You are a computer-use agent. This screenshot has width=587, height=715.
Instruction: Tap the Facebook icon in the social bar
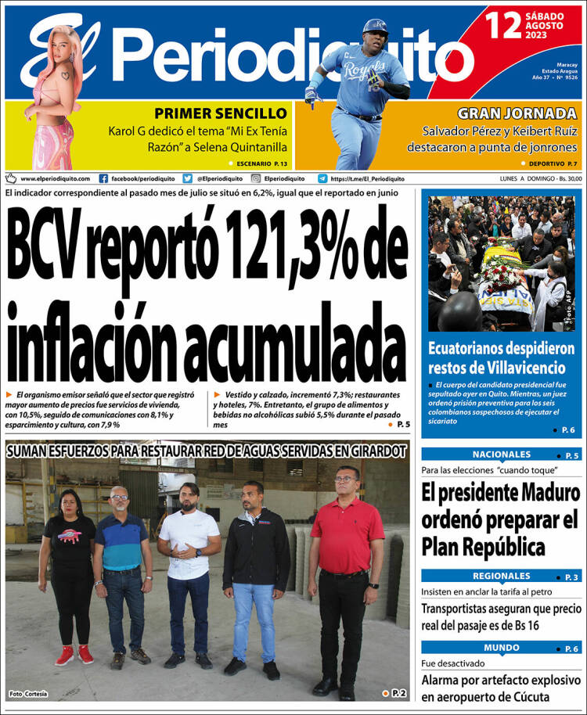[103, 178]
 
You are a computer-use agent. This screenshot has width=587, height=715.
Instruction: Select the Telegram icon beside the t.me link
[322, 178]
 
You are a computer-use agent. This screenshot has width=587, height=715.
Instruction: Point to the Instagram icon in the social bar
[255, 178]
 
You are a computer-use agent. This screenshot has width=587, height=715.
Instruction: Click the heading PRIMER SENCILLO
[221, 113]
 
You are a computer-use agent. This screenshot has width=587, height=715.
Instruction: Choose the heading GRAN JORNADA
[530, 113]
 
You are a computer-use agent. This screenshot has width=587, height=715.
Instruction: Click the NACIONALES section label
[501, 455]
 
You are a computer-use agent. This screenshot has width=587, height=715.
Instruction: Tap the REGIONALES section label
[501, 576]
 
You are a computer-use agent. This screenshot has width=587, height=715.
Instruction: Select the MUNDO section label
[501, 648]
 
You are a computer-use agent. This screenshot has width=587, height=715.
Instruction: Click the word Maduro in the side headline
[546, 493]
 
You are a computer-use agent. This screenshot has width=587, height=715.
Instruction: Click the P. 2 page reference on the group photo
[398, 692]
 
